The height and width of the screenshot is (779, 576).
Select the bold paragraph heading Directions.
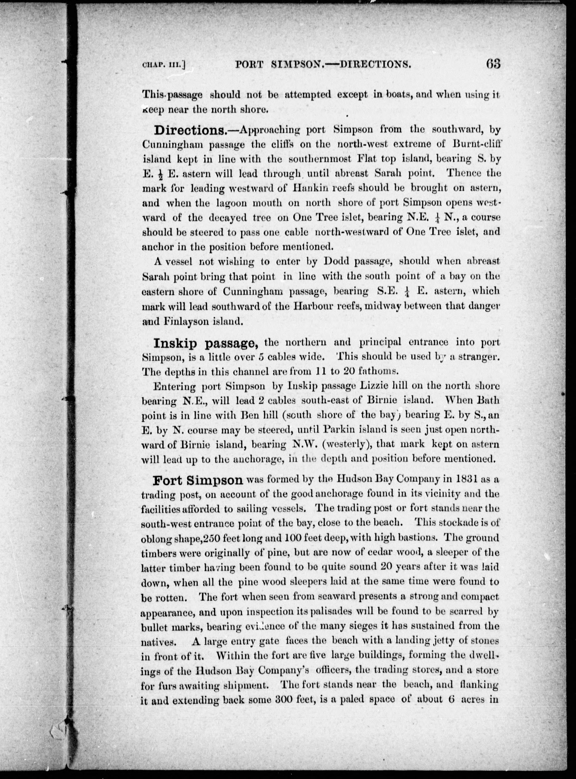(x=190, y=130)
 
